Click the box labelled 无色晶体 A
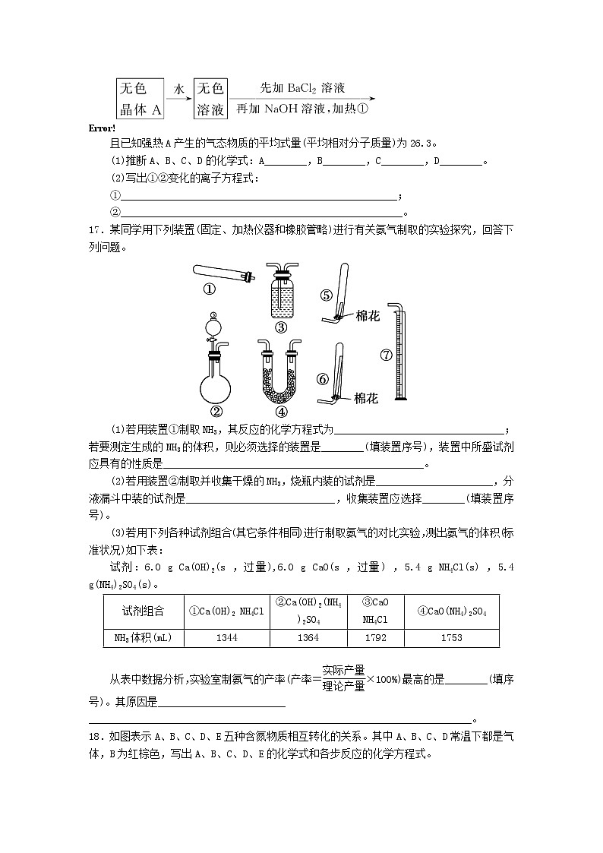tap(141, 99)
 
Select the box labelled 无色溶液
tap(210, 99)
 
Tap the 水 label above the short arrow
tap(179, 90)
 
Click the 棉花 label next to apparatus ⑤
tap(368, 316)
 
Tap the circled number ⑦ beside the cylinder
tap(385, 355)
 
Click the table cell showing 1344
tap(226, 638)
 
